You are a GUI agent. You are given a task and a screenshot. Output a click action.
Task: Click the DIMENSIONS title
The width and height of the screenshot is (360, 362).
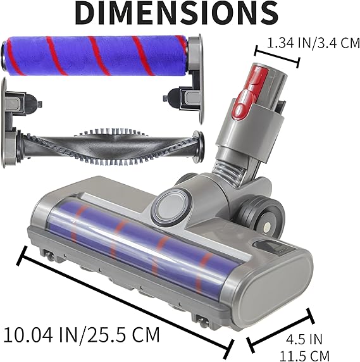177,13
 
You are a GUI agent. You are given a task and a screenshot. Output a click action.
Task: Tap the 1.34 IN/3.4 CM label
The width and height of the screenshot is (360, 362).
313,43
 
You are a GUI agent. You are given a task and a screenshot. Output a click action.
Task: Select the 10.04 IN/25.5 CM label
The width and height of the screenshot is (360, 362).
82,335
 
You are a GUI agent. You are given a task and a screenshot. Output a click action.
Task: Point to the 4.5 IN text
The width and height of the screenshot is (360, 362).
304,339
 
